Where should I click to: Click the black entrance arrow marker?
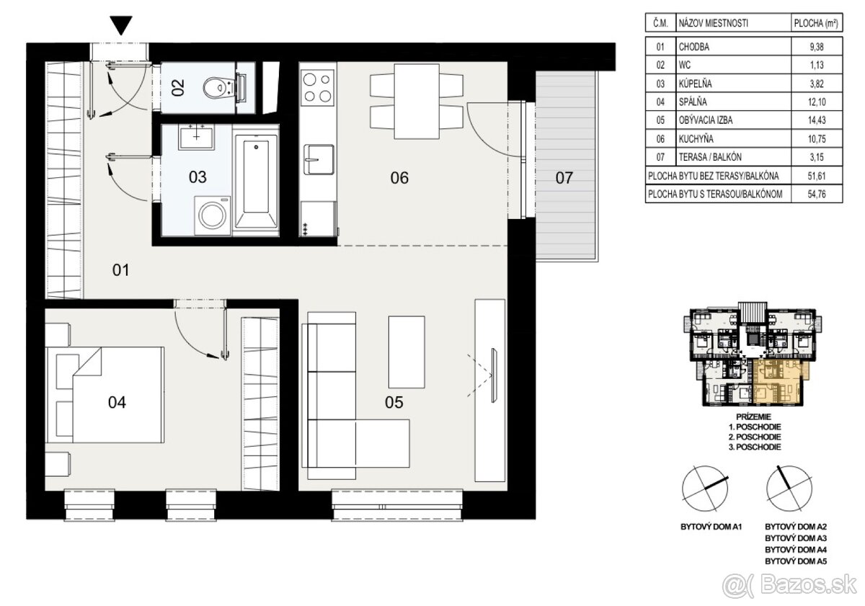click(x=121, y=25)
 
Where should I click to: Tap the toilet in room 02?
click(x=220, y=88)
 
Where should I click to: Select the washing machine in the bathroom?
click(x=213, y=215)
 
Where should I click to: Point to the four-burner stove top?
click(x=318, y=87)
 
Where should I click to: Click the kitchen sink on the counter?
click(x=319, y=159)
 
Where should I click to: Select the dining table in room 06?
click(x=417, y=102)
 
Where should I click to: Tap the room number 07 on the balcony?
click(x=564, y=178)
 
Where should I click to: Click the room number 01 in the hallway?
click(x=121, y=270)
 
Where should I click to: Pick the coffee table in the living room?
click(x=407, y=352)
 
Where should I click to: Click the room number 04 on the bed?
click(x=117, y=403)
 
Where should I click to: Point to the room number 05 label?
click(x=394, y=403)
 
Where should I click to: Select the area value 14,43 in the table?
click(x=817, y=120)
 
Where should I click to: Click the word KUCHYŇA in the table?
click(x=696, y=138)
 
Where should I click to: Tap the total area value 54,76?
click(x=817, y=194)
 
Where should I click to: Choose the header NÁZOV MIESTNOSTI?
click(x=713, y=24)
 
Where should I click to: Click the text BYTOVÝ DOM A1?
click(x=711, y=527)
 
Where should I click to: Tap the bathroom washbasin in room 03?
click(x=197, y=137)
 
